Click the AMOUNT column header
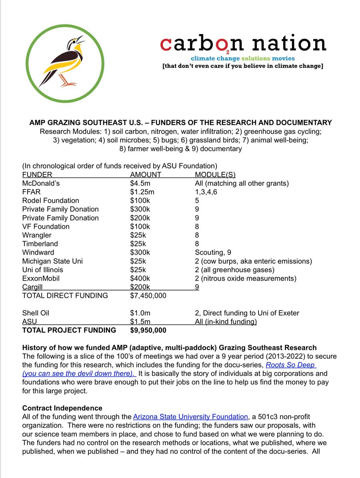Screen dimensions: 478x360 click(146, 175)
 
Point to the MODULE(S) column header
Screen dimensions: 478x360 click(215, 175)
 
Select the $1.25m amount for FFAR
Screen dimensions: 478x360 click(142, 192)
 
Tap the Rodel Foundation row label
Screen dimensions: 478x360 click(51, 201)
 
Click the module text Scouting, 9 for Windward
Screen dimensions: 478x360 click(213, 252)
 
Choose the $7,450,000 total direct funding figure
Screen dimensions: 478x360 click(148, 295)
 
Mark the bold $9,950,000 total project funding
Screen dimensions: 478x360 click(148, 330)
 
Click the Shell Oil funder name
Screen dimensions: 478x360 click(36, 313)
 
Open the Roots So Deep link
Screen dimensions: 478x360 click(291, 365)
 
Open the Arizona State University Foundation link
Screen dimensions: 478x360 click(190, 417)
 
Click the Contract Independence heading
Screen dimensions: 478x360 click(62, 408)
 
